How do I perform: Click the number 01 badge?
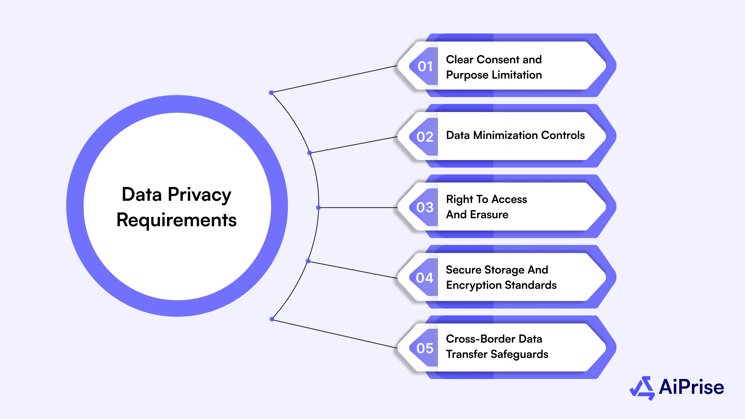pyautogui.click(x=425, y=67)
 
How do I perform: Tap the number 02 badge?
pyautogui.click(x=425, y=137)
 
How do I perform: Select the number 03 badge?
pyautogui.click(x=425, y=207)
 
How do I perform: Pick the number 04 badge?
pyautogui.click(x=425, y=278)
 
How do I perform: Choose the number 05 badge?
pyautogui.click(x=425, y=348)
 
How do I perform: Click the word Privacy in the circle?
pyautogui.click(x=199, y=195)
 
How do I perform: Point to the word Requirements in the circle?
pyautogui.click(x=176, y=220)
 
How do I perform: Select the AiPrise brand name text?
pyautogui.click(x=691, y=387)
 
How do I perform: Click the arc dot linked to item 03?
pyautogui.click(x=318, y=208)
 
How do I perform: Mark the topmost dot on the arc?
pyautogui.click(x=271, y=93)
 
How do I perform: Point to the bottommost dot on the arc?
pyautogui.click(x=272, y=319)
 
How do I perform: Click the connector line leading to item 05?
pyautogui.click(x=335, y=334)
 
